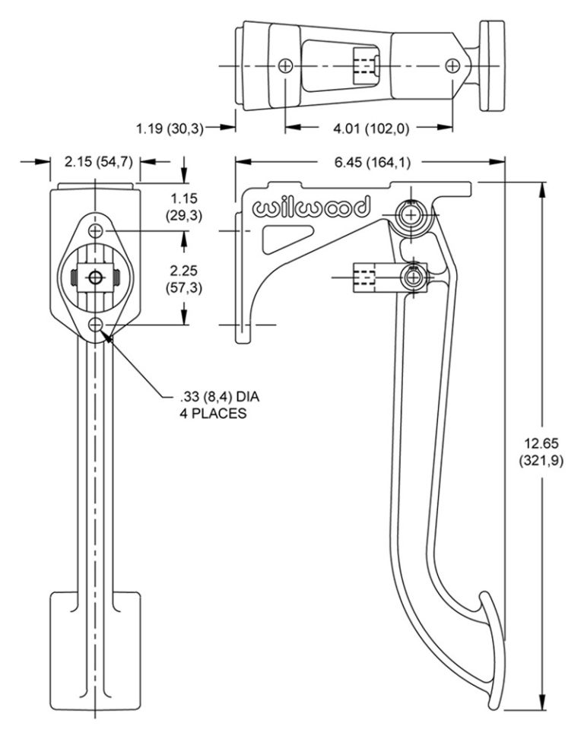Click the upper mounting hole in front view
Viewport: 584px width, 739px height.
tap(96, 231)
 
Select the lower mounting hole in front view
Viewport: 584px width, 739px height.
tap(96, 325)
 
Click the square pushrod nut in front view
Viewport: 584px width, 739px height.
tap(96, 278)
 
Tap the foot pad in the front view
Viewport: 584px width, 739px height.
tap(95, 648)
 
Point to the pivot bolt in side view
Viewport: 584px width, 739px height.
tap(412, 217)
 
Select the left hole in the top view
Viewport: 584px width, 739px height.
tap(285, 66)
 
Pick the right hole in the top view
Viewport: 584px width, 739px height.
tap(454, 66)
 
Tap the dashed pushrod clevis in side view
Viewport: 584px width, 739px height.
tap(366, 278)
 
